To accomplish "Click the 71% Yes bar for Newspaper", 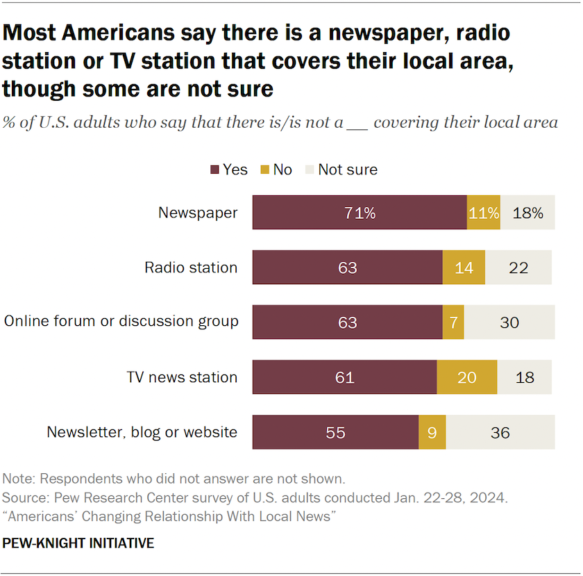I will coord(360,213).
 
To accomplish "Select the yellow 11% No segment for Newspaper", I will coord(483,213).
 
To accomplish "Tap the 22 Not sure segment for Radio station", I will coord(518,268).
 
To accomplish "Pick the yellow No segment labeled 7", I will coord(453,322).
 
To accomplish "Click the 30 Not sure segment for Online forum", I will coord(509,322).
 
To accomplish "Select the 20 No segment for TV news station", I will coord(466,377).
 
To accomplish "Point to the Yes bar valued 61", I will coord(344,377).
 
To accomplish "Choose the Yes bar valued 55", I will coord(335,432).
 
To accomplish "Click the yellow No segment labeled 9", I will coord(432,432).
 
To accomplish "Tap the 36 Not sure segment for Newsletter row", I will coord(500,432).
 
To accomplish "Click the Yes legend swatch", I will coord(214,170).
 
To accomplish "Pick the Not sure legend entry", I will coord(341,170).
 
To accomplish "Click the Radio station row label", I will coord(191,268).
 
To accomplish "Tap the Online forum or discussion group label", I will coord(121,322).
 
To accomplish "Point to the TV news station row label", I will coord(182,377).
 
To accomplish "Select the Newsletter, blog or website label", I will coord(142,432).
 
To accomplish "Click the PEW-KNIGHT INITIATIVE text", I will coord(78,543).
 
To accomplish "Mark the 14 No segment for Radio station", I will coord(464,268).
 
